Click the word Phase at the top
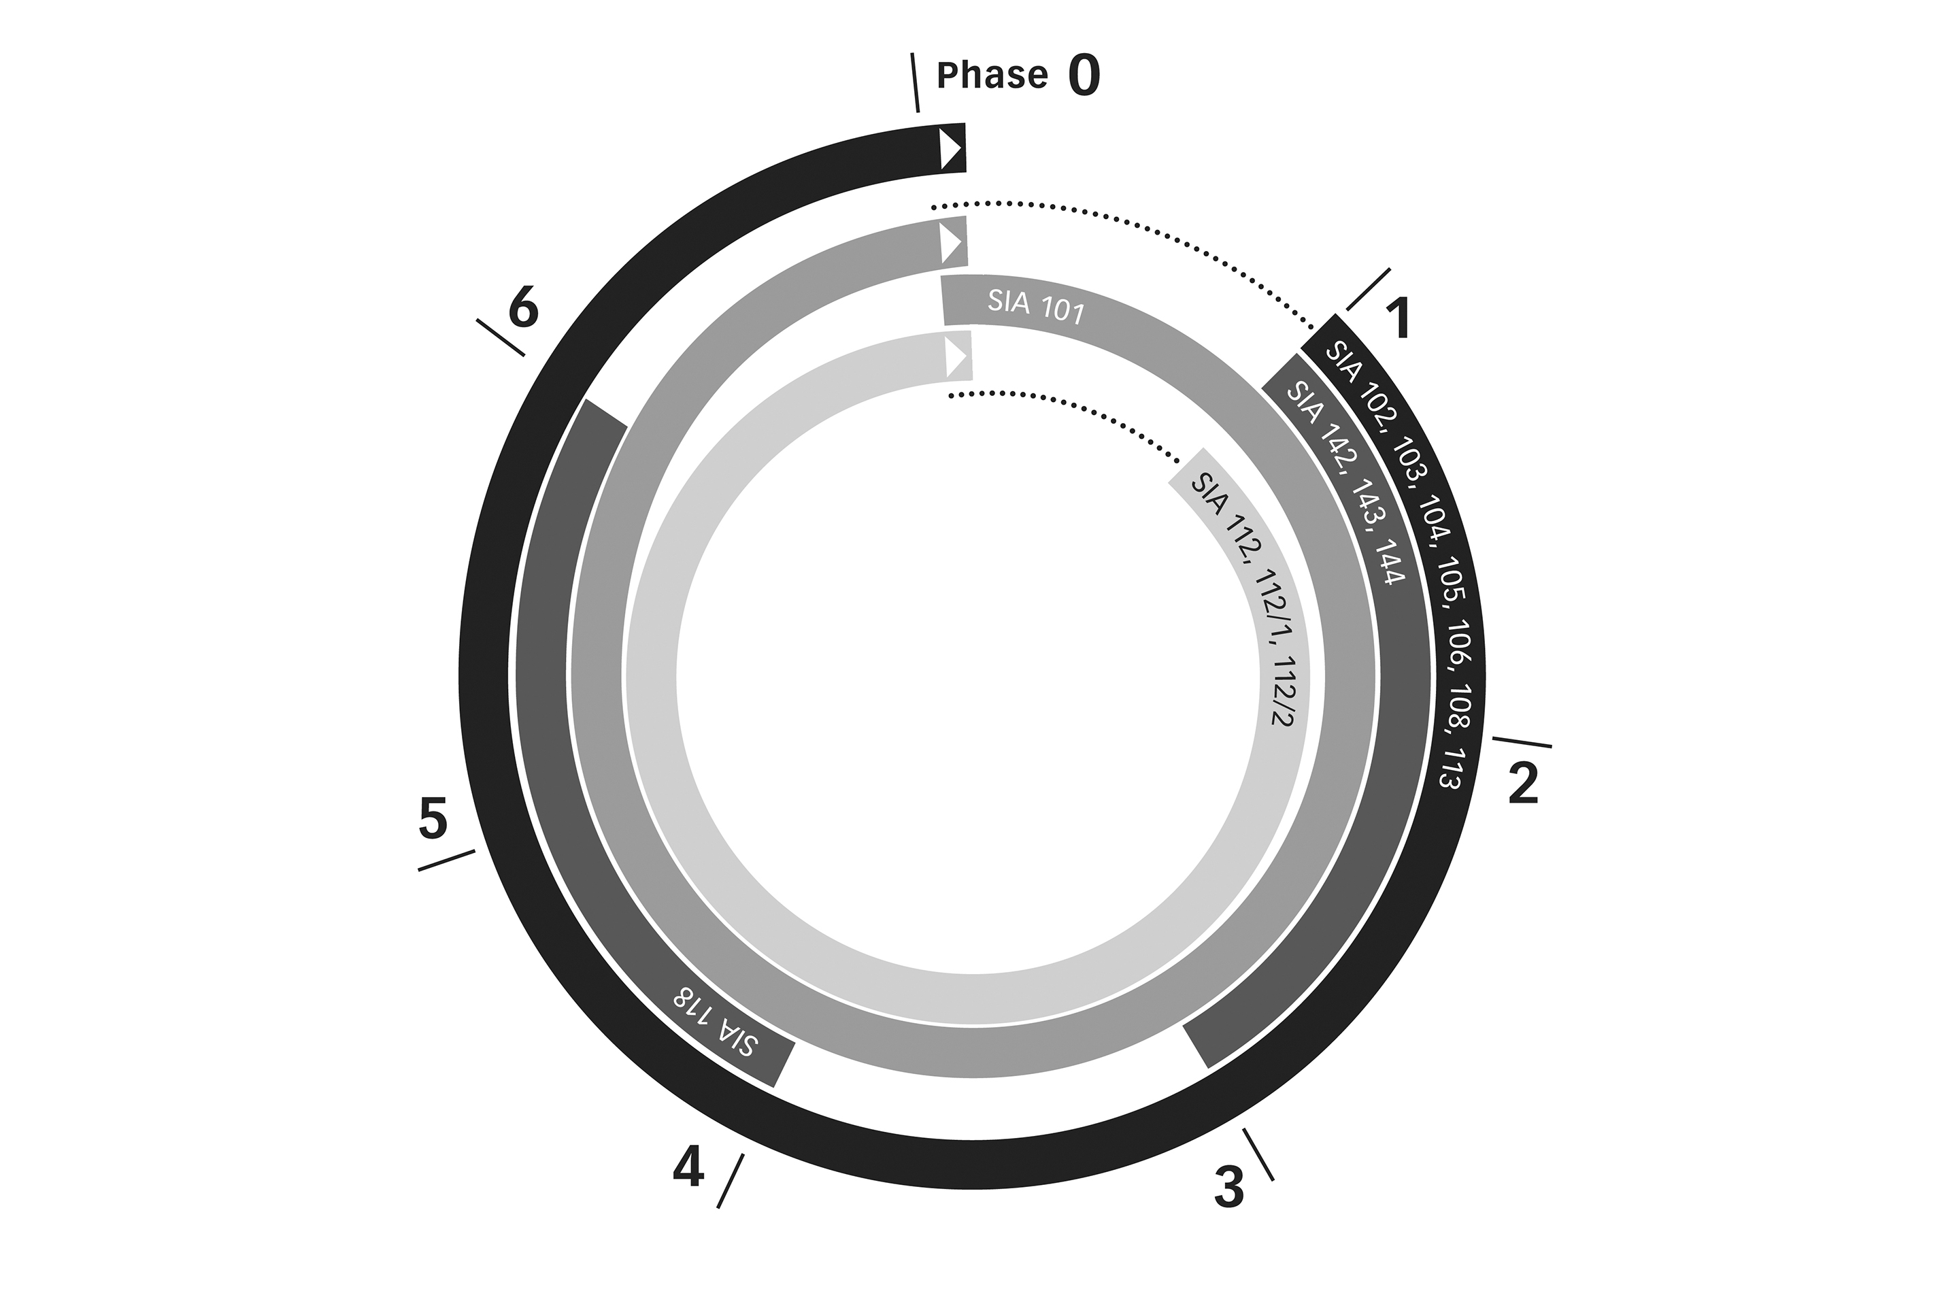point(992,75)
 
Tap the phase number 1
point(1398,319)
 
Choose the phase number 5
point(433,819)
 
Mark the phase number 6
point(524,308)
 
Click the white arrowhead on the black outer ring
point(951,149)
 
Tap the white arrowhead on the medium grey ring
point(951,244)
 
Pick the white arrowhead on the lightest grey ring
point(956,356)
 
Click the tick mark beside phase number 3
point(1258,1154)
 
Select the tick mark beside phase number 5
point(446,860)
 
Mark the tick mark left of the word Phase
point(916,82)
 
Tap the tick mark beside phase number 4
point(731,1181)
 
